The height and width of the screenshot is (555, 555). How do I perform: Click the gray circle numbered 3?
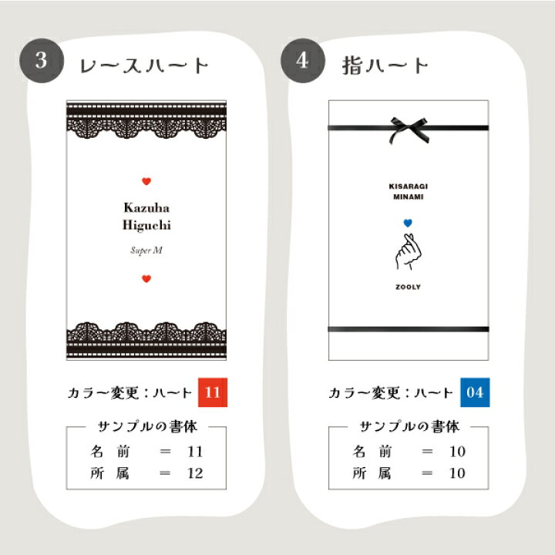(x=42, y=61)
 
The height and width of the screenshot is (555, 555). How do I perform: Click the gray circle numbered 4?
(x=303, y=61)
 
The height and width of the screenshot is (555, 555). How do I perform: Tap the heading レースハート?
(x=144, y=66)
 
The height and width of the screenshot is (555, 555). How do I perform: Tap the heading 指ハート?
(x=385, y=66)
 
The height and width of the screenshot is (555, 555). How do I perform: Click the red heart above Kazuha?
(x=146, y=181)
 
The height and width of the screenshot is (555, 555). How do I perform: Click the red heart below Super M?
(x=146, y=279)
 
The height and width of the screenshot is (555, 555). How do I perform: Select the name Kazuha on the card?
(x=146, y=208)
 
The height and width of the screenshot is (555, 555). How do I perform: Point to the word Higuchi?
(x=146, y=225)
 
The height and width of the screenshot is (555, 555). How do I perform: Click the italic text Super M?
(x=146, y=251)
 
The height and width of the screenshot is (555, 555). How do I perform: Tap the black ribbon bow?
(x=409, y=129)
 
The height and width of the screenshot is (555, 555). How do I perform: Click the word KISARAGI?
(x=408, y=187)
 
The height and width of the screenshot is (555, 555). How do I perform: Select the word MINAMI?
(x=408, y=197)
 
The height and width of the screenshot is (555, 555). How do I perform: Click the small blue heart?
(x=408, y=223)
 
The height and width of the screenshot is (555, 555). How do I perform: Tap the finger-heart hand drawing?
(x=408, y=251)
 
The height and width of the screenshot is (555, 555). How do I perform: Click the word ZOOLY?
(x=408, y=287)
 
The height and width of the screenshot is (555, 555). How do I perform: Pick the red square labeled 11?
(x=213, y=392)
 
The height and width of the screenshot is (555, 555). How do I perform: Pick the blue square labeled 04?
(x=475, y=392)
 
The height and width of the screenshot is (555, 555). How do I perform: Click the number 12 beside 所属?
(x=195, y=473)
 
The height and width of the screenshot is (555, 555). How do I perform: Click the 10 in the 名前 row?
(x=457, y=451)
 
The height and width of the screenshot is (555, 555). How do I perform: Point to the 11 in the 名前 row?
(x=195, y=451)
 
